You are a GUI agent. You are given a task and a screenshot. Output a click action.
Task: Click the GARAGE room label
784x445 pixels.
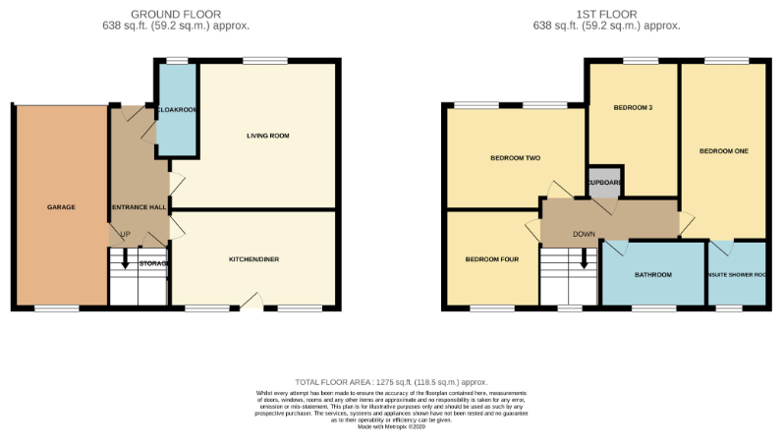coord(61,207)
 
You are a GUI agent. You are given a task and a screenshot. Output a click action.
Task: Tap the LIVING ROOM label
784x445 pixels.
coord(267,136)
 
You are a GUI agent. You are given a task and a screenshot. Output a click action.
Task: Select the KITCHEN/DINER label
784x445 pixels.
coord(254,259)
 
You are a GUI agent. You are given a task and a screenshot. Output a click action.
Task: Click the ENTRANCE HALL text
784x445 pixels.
coord(138,207)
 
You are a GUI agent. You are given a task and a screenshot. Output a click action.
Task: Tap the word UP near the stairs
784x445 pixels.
coord(125,234)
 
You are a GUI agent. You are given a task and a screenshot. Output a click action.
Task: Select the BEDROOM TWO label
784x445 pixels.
coord(516,158)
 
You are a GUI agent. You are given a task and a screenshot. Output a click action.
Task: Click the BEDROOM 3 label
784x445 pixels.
coord(633,107)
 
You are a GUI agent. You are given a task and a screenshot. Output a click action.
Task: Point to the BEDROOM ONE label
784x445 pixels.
coord(723,151)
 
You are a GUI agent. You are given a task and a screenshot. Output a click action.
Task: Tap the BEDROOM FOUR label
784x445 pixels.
coord(490,259)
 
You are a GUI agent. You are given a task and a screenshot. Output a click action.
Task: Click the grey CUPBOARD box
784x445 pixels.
coord(604,183)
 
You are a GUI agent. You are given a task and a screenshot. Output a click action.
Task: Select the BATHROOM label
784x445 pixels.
coord(652,274)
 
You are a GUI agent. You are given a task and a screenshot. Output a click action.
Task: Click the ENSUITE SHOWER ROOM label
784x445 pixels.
coord(736,275)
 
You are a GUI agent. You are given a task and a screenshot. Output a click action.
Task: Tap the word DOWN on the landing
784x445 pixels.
coord(584,234)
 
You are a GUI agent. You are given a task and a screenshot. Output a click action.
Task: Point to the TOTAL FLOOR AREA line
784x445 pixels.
coord(391,382)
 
